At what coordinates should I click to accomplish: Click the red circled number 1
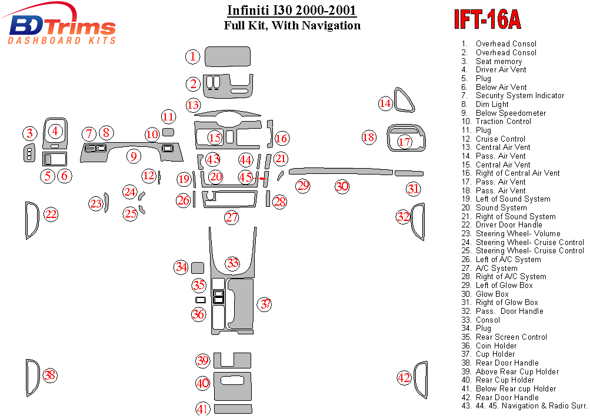point(193,57)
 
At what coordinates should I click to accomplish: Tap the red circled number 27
point(232,217)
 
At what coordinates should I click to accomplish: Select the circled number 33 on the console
point(233,263)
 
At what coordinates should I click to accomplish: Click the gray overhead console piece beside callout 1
point(228,57)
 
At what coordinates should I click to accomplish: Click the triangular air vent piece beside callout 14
point(404,101)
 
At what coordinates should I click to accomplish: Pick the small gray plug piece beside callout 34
point(198,268)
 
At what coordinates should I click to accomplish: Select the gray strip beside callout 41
point(232,408)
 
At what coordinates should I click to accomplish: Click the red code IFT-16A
point(486,19)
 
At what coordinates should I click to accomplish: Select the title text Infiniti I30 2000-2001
point(292,11)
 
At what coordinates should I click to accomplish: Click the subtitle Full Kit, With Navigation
point(292,25)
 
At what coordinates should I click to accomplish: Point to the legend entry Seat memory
point(499,61)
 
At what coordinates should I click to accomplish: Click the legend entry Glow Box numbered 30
point(492,294)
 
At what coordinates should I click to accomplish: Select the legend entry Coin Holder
point(496,346)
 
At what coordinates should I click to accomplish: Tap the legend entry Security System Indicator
point(520,95)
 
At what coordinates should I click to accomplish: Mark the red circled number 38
point(50,375)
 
